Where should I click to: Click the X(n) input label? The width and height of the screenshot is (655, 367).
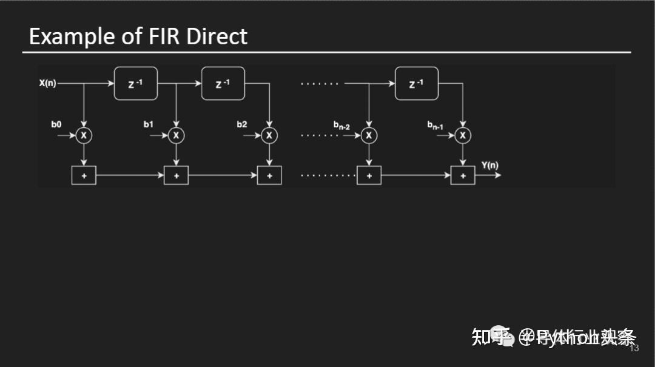point(47,83)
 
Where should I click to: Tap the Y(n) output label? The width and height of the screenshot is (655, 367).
point(489,164)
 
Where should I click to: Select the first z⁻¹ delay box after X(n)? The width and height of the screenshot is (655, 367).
point(136,84)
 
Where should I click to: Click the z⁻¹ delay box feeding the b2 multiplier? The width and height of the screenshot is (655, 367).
point(223,84)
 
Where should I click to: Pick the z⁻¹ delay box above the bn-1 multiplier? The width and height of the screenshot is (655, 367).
point(416,84)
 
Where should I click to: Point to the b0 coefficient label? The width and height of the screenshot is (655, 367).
point(56,124)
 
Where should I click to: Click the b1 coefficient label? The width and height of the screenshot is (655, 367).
point(149,124)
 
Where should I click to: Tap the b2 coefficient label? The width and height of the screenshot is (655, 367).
point(242,124)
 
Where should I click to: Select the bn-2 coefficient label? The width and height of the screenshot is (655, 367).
point(341,126)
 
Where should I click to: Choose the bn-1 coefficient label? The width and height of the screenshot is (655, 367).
point(435,126)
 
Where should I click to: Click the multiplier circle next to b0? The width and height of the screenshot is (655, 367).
point(84,135)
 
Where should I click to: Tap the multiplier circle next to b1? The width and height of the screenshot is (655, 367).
point(176,135)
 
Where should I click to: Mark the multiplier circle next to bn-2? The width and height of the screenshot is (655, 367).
point(369,135)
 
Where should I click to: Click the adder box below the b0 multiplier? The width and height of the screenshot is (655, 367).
point(84,175)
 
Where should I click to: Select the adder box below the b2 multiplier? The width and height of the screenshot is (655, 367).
point(269,175)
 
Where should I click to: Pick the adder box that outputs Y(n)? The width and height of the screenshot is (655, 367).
point(463,175)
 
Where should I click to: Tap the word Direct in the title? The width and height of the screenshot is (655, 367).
point(217,36)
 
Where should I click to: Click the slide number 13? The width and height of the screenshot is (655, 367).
point(634,348)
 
